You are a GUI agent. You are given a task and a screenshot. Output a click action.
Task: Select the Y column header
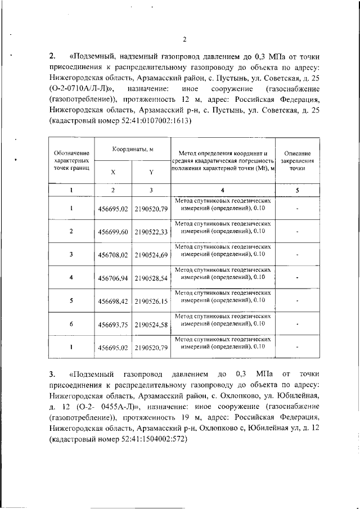click(x=151, y=172)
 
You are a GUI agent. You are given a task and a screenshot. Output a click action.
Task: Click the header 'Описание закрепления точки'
click(x=298, y=160)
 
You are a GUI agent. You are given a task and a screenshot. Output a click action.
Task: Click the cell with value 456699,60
click(x=113, y=232)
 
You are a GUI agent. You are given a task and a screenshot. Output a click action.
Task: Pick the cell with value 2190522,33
click(x=151, y=232)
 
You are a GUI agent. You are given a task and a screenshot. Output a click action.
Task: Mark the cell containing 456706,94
click(x=113, y=278)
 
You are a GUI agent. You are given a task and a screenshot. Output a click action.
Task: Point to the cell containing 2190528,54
click(x=151, y=278)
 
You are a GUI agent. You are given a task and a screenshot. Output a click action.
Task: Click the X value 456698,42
click(x=113, y=301)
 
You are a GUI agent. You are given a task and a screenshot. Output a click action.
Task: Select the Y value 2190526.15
click(x=151, y=301)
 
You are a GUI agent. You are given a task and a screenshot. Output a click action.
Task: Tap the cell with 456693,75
click(x=113, y=325)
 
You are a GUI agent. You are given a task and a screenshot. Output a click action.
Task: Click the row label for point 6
click(x=71, y=324)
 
